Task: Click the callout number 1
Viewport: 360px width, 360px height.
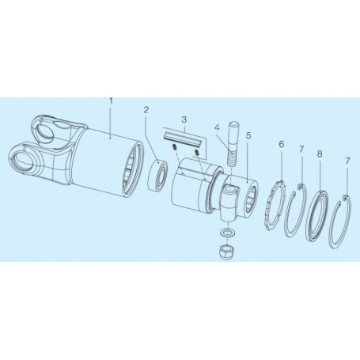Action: pos(111,101)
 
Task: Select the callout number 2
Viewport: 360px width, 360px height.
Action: pos(146,109)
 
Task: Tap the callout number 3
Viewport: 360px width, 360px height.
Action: pos(184,119)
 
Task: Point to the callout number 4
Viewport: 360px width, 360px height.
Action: pos(217,128)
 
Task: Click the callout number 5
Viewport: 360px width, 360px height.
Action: pos(248,135)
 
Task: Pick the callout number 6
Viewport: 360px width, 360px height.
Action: pos(282,144)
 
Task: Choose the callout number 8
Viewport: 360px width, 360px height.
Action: pos(320,154)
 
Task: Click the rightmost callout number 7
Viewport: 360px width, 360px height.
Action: pos(347,161)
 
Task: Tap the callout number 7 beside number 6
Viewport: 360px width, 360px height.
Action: pos(301,150)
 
